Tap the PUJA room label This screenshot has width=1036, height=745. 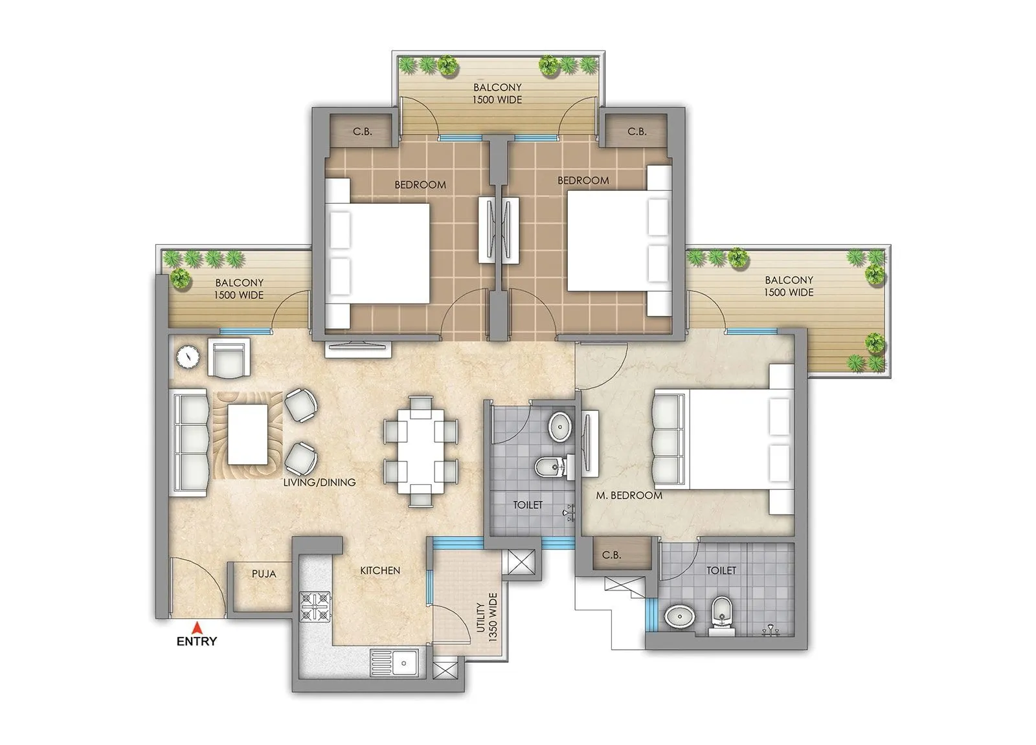[264, 574]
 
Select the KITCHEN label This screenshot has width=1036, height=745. [380, 570]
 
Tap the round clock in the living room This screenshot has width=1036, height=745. [188, 356]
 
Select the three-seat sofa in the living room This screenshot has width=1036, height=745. [189, 442]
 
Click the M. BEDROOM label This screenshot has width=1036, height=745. [629, 496]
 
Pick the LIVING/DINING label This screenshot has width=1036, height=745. [319, 482]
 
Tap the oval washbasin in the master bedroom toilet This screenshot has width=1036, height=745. [678, 617]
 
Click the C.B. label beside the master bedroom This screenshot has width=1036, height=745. [611, 555]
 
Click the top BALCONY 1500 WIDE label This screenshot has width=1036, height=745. [497, 93]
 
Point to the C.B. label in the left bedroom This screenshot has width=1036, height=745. [362, 131]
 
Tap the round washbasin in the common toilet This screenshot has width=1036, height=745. [559, 427]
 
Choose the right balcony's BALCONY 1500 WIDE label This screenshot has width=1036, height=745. [789, 286]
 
